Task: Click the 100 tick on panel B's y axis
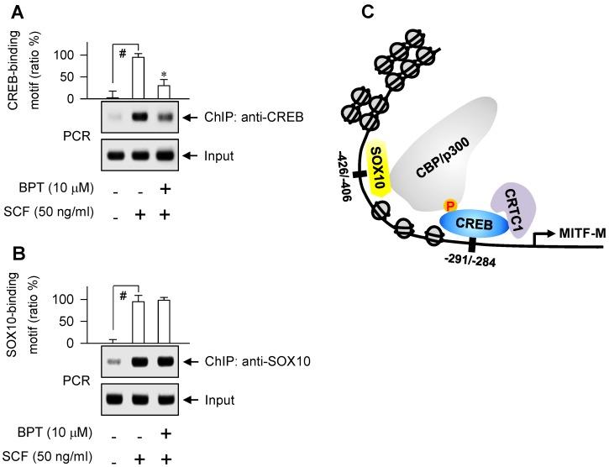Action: click(84, 299)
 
